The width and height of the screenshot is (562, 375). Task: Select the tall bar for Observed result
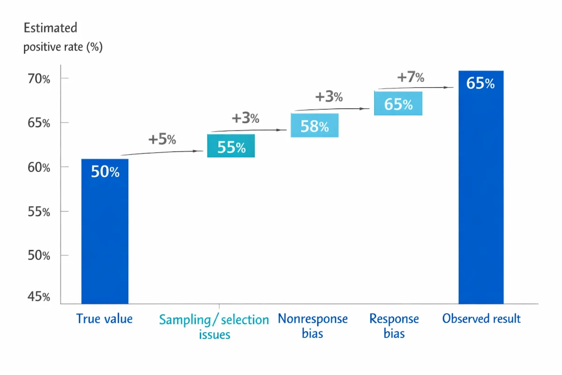[481, 197]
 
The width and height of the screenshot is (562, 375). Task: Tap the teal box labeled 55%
[231, 146]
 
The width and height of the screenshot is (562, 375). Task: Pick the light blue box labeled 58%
[314, 125]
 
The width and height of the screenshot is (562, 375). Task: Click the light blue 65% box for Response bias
[398, 103]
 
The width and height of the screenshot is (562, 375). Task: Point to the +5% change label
[162, 139]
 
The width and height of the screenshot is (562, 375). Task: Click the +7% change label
[411, 77]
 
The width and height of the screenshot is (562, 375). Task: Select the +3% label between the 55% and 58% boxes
[245, 118]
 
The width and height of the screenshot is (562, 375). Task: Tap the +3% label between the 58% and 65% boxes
[329, 97]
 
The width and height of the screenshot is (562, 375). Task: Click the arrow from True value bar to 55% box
[162, 152]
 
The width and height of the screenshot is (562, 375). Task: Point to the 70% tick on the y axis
[39, 79]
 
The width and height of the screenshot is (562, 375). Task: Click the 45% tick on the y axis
[39, 297]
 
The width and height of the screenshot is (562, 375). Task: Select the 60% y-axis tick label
[39, 167]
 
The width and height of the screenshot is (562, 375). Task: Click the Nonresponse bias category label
[313, 326]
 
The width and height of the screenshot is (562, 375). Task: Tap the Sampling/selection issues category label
[214, 327]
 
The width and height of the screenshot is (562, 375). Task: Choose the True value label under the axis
[104, 319]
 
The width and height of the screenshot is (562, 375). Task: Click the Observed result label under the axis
[481, 319]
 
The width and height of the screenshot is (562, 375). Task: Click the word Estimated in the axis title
[51, 28]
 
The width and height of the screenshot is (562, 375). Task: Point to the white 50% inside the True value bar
[105, 172]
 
